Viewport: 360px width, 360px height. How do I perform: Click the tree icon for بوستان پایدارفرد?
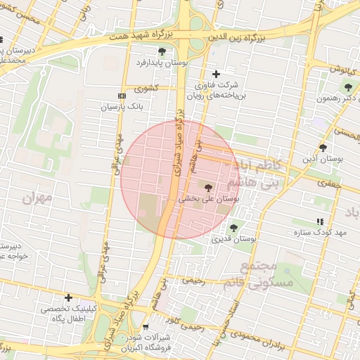[x=162, y=51]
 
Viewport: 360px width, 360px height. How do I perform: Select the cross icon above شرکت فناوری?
[x=216, y=74]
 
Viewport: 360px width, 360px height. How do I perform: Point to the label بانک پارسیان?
[x=122, y=108]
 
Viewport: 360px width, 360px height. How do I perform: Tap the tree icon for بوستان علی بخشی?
[x=207, y=187]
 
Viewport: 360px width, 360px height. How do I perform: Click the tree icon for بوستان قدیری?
[x=234, y=227]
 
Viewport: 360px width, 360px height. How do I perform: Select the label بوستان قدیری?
[x=234, y=239]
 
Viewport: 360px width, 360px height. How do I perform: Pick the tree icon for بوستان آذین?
[x=323, y=148]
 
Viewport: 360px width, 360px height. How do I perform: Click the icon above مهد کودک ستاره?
[x=321, y=221]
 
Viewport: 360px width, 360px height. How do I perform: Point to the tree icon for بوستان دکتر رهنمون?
[x=348, y=87]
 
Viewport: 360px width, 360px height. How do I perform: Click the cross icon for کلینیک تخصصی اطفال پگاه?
[x=68, y=297]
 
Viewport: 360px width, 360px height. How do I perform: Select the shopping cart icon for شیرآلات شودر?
[x=146, y=327]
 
